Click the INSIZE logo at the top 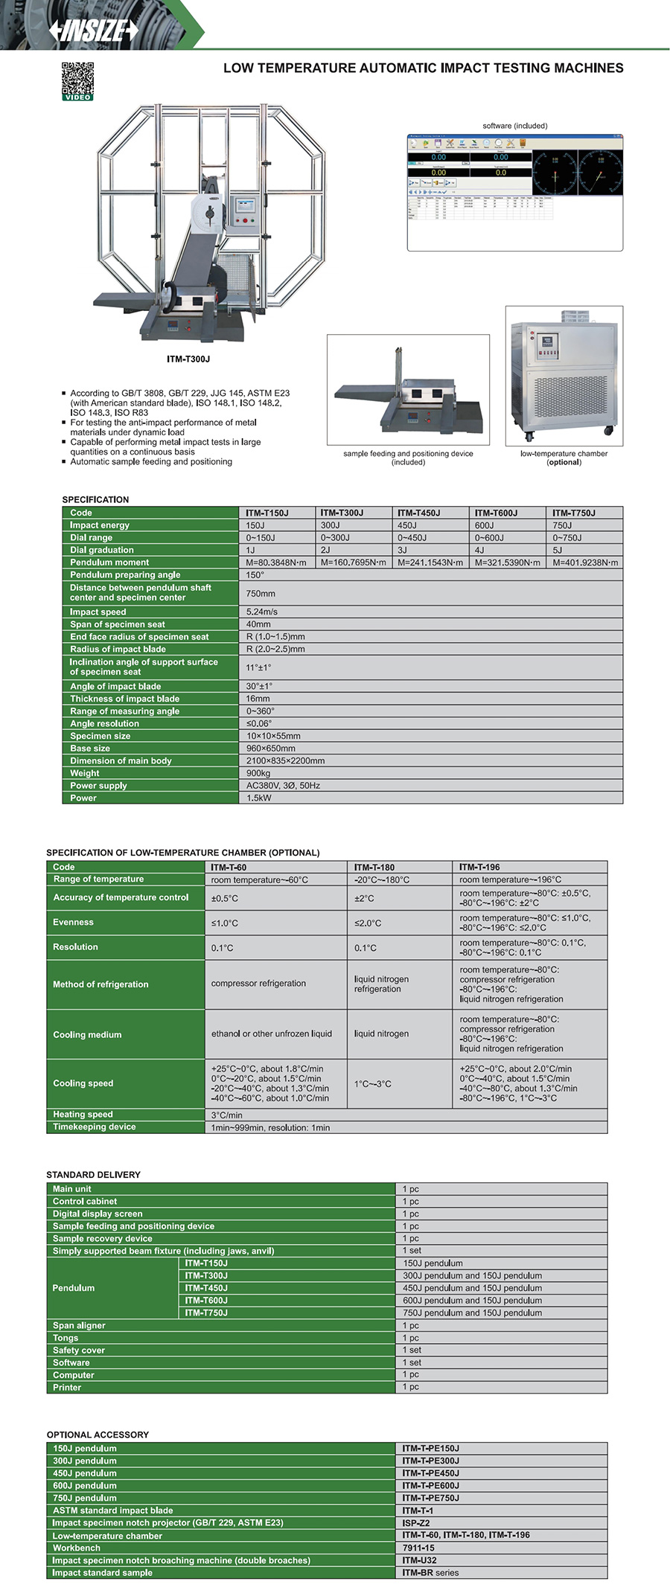(x=94, y=30)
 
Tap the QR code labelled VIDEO (x=77, y=81)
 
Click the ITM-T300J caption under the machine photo (x=188, y=359)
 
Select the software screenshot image (x=514, y=192)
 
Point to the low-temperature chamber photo (x=564, y=376)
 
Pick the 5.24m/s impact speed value (x=262, y=612)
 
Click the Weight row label (x=85, y=773)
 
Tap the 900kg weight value (x=258, y=773)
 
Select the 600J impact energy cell (x=485, y=525)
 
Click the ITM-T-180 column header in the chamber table (x=374, y=867)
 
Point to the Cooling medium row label (x=87, y=1034)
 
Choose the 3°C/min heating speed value (x=226, y=1115)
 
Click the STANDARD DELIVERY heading (x=93, y=1174)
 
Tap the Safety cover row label (x=79, y=1350)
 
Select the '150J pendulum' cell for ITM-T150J (x=433, y=1263)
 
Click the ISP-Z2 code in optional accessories (x=416, y=1522)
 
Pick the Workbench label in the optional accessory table (x=77, y=1548)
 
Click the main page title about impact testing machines (x=423, y=68)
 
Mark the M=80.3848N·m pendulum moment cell (x=276, y=563)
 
